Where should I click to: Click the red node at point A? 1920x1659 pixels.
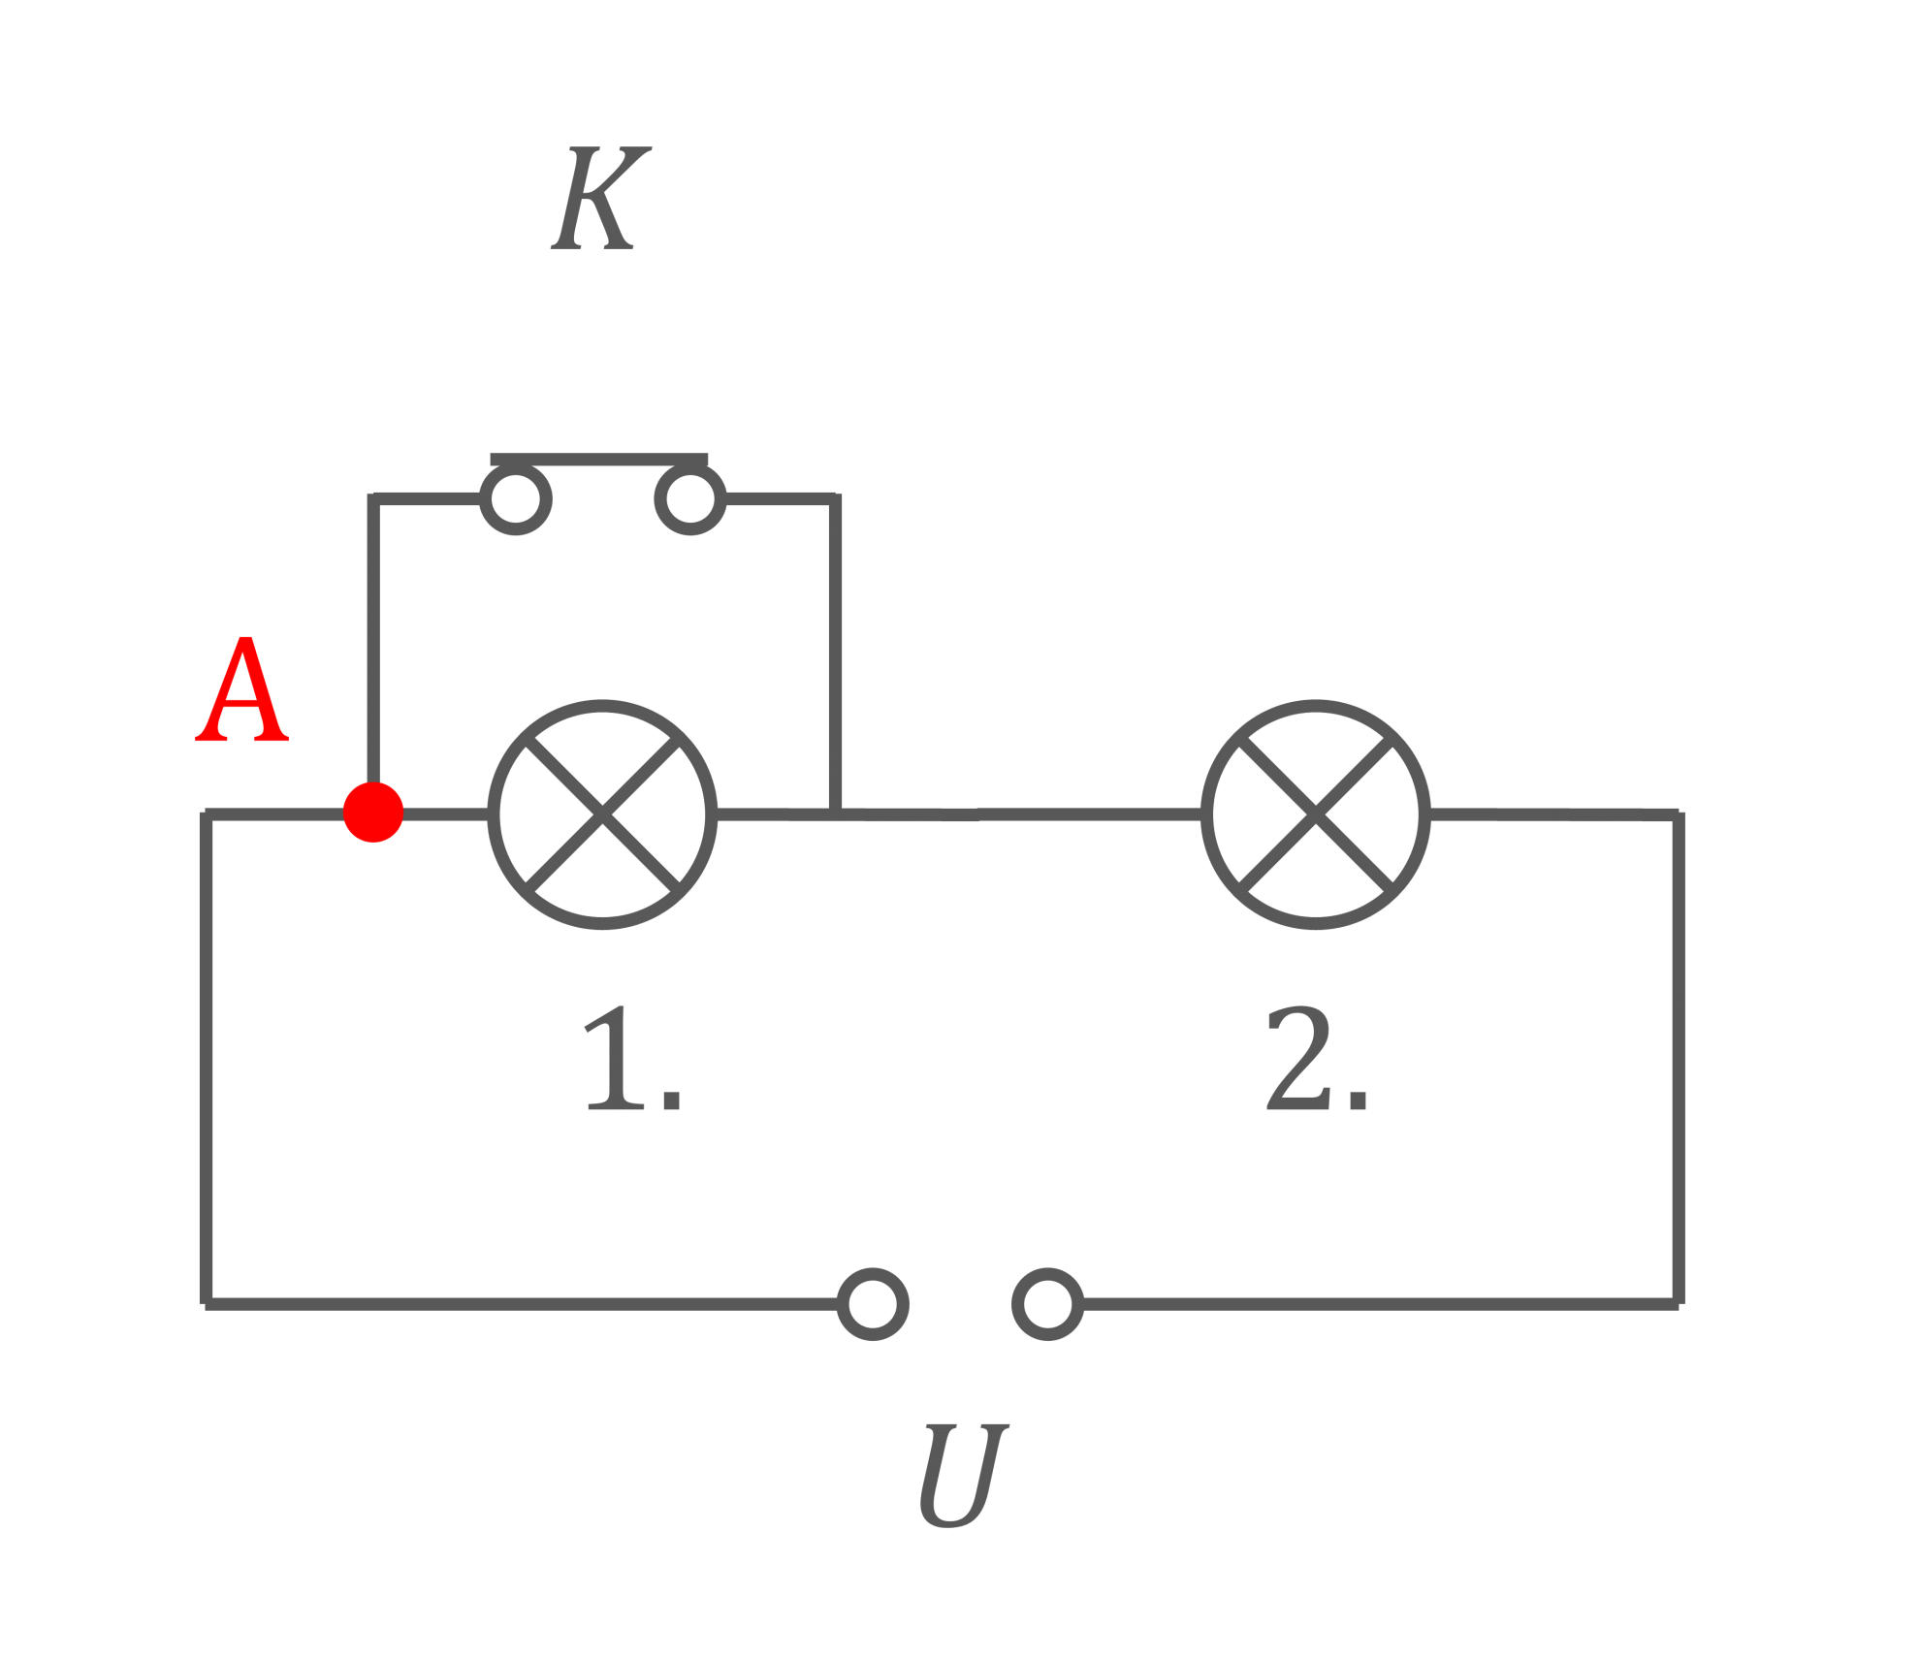tap(373, 812)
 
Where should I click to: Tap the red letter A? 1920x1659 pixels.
tap(241, 689)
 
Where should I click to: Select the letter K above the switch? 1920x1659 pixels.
tap(601, 198)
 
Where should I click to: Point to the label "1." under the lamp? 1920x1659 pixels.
tap(633, 1059)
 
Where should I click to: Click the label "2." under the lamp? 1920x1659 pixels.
tap(1317, 1059)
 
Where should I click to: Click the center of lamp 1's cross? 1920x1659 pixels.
tap(602, 814)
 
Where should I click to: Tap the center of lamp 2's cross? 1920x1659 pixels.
tap(1316, 814)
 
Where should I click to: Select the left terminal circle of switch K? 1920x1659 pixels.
tap(516, 499)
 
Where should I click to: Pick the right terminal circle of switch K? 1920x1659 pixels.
tap(690, 499)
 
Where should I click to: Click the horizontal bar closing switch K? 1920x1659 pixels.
tap(599, 460)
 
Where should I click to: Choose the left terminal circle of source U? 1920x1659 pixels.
tap(873, 1304)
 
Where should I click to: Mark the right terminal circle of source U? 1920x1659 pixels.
tap(1048, 1304)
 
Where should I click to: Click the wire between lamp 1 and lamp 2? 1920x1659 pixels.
tap(959, 814)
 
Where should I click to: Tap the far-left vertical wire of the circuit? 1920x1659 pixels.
tap(206, 1059)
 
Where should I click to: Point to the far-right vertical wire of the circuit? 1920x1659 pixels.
tap(1679, 1059)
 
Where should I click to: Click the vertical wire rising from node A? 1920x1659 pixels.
tap(373, 640)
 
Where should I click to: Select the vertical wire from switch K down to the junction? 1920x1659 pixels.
tap(835, 654)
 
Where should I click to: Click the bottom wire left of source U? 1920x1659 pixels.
tap(522, 1304)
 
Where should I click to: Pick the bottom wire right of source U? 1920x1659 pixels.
tap(1381, 1304)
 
